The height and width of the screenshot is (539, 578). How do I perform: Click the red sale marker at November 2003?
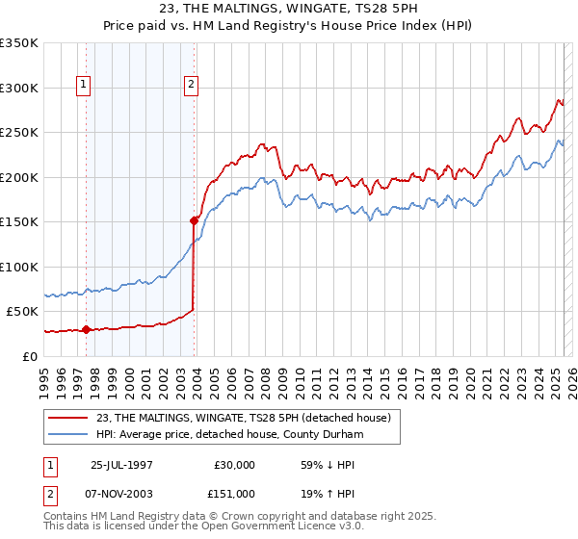[x=194, y=220]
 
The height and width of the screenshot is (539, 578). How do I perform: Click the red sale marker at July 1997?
[x=87, y=329]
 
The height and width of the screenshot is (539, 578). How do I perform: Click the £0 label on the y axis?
[x=29, y=356]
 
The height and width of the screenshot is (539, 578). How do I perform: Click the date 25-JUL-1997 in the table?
[x=122, y=464]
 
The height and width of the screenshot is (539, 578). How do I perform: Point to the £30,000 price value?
[x=233, y=464]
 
